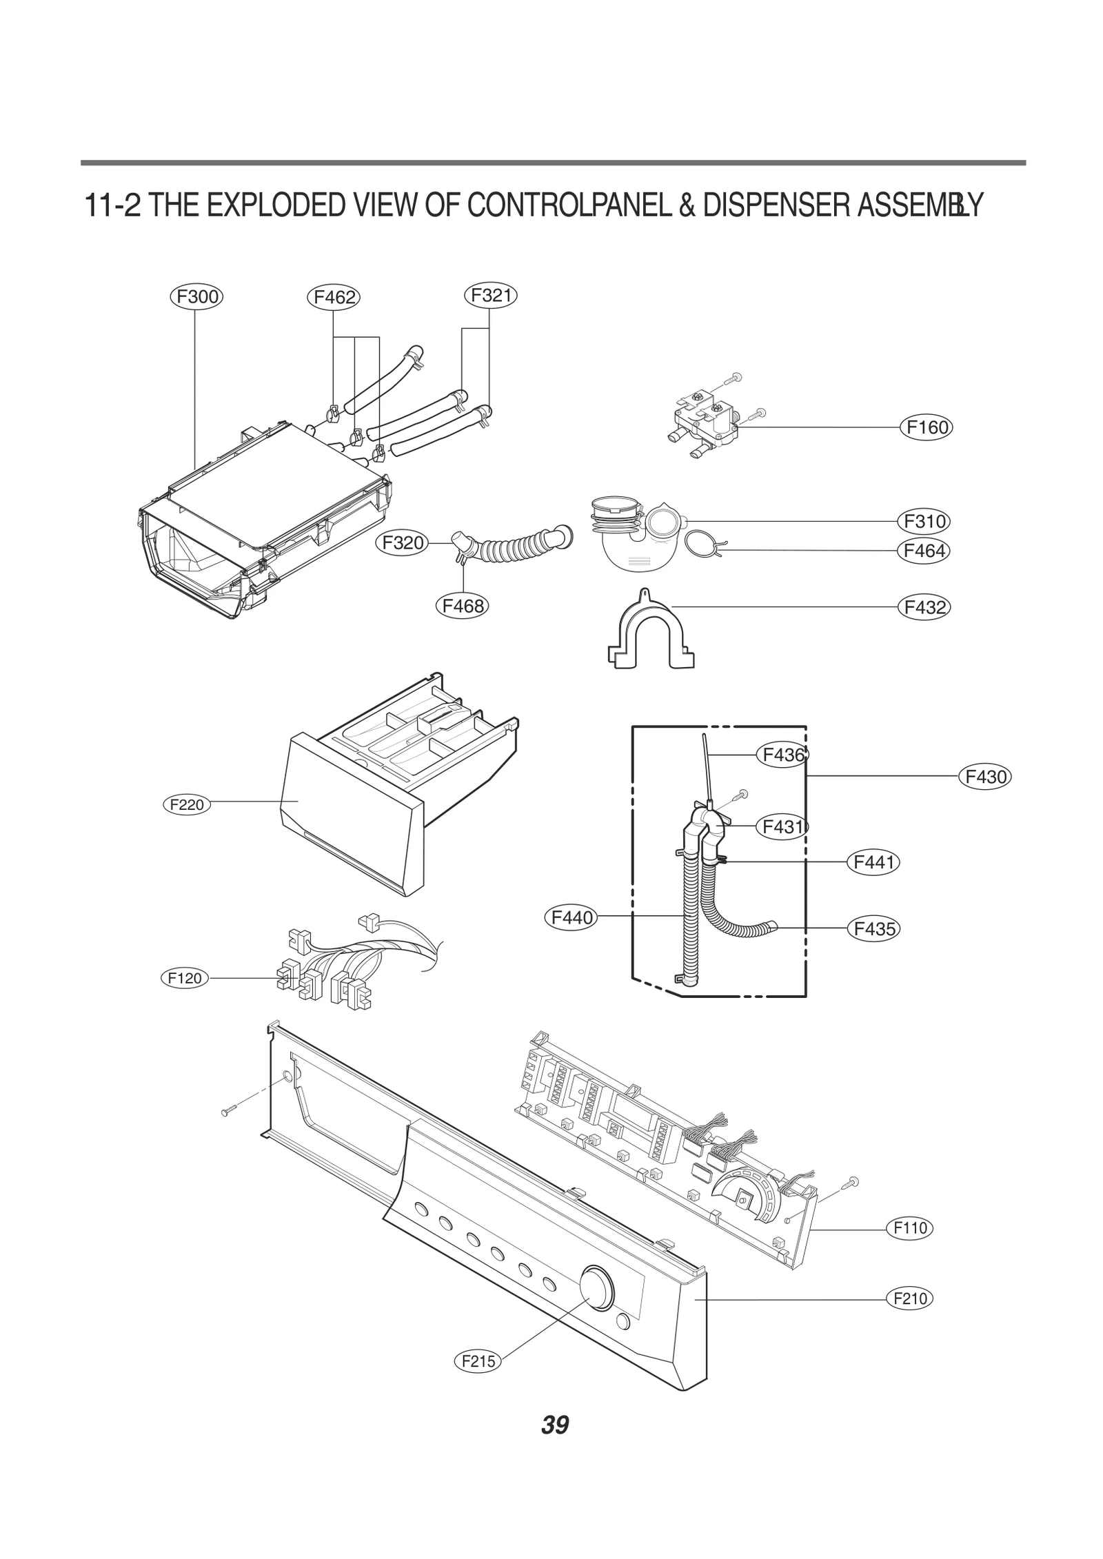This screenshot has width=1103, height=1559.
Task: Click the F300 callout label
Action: click(x=196, y=297)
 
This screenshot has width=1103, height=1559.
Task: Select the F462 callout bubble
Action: click(x=334, y=298)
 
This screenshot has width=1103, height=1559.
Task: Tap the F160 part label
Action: click(x=926, y=427)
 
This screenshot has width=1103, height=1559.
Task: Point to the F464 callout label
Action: click(x=923, y=551)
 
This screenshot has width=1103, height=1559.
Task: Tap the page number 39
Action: click(x=554, y=1424)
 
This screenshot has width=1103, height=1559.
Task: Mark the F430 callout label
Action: click(x=985, y=777)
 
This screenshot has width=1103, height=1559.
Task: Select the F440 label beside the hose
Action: click(x=571, y=917)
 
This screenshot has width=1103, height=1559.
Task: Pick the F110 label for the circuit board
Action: click(x=910, y=1227)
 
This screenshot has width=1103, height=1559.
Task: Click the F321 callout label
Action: click(x=490, y=295)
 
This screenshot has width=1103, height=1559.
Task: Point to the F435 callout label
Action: click(x=873, y=928)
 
